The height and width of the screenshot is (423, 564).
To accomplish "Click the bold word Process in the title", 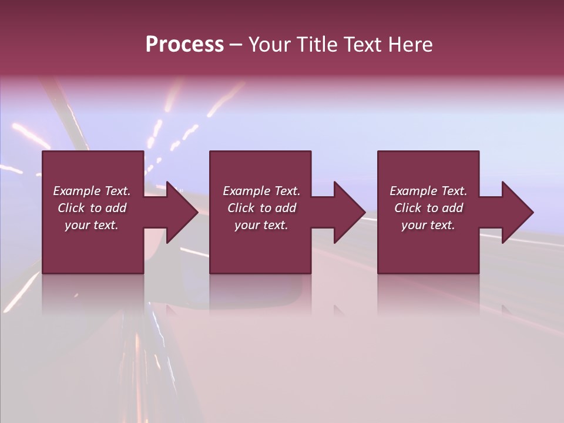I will [x=184, y=45].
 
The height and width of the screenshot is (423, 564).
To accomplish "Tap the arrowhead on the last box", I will [x=516, y=212].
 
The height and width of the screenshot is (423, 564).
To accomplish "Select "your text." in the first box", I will [x=92, y=225].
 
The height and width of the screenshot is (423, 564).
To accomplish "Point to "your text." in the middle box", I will [x=261, y=225].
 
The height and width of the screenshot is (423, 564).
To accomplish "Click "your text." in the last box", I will [x=428, y=225].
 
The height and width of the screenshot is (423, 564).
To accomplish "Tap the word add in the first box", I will [x=116, y=208].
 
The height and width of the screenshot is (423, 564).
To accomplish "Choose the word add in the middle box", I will [x=286, y=208].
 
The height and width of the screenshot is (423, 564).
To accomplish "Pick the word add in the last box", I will [x=452, y=208].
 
